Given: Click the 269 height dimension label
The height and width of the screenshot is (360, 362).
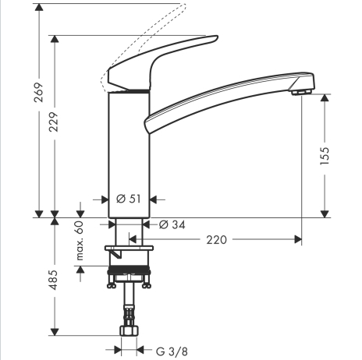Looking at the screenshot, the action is tap(39, 92).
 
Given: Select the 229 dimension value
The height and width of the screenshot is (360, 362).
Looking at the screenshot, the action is tap(55, 122).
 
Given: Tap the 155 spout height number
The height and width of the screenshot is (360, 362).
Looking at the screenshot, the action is tap(325, 156).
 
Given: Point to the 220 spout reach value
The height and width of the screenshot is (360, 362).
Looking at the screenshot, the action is tap(217, 240).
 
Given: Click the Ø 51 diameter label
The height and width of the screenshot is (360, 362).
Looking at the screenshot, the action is tap(129, 199).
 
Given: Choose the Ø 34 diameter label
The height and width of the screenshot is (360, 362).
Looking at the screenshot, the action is tap(172, 224).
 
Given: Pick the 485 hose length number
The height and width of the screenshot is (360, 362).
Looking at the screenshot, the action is tap(54, 280).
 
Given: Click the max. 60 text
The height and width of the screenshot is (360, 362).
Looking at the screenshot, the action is tap(80, 241).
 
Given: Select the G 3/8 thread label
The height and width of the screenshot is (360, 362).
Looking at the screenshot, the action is tap(172, 351).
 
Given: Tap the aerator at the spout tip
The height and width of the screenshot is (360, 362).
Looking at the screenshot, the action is tap(301, 92).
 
